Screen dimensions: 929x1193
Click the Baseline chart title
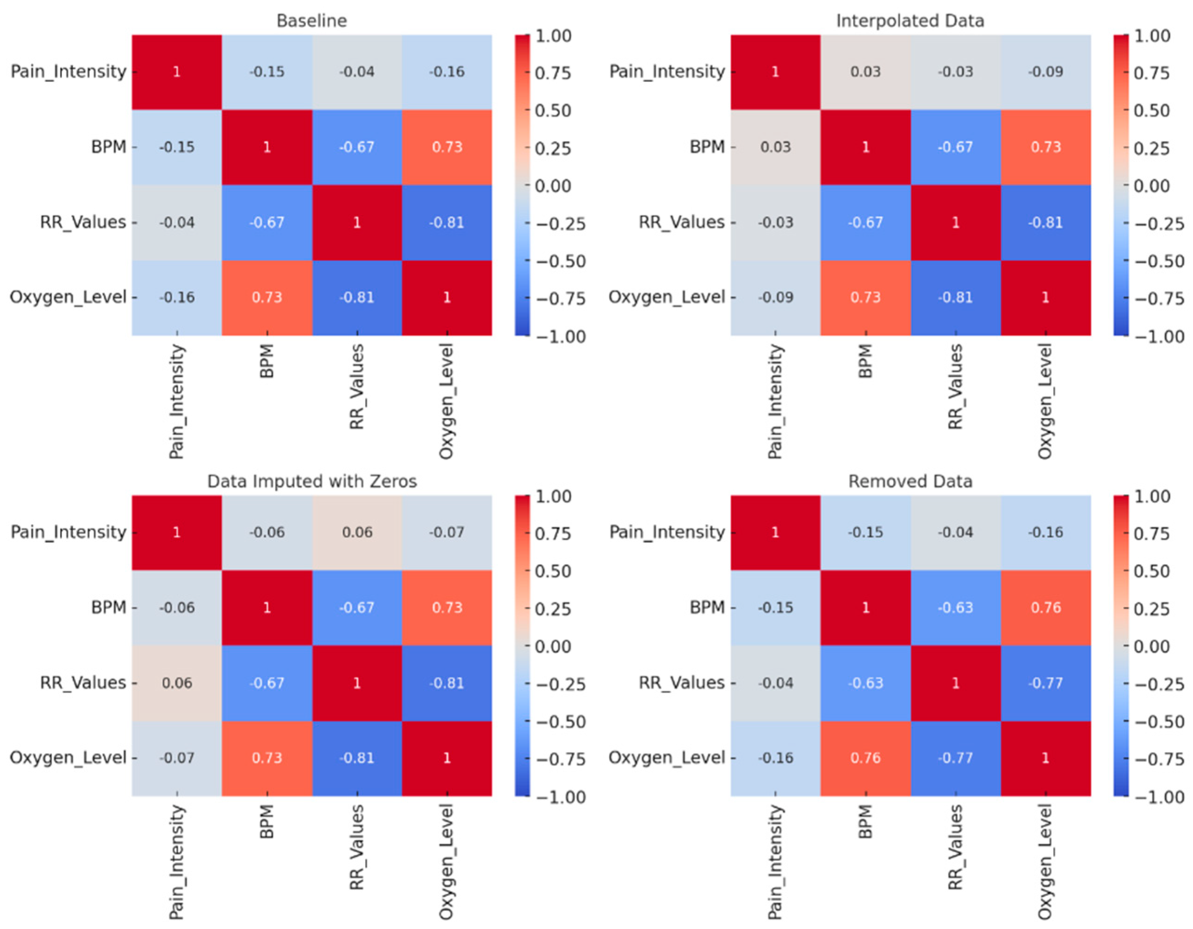pos(311,21)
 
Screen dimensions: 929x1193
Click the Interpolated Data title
pos(910,21)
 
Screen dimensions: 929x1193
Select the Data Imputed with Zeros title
pos(311,481)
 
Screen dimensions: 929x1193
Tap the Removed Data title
pos(910,481)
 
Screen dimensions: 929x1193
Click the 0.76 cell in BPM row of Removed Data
pos(1046,608)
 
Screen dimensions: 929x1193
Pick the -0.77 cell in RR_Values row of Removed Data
pos(1046,683)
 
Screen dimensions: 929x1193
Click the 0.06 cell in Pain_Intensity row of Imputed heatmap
pos(357,532)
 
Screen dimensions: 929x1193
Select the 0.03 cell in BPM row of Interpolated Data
pos(776,147)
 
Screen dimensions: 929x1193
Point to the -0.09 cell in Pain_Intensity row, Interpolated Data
pos(1046,72)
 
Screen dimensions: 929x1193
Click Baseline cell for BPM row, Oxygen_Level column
pos(447,147)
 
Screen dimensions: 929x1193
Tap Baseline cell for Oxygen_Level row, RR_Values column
pos(357,297)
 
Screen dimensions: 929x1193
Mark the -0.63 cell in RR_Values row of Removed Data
pos(866,683)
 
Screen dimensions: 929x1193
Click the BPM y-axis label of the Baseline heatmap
pos(109,147)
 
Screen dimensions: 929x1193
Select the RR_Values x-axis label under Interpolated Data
pos(955,387)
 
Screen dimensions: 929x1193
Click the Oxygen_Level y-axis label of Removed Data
pos(666,757)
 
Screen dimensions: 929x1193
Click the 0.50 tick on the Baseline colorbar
pos(553,110)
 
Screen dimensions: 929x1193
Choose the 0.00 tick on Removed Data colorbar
pos(1152,646)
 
